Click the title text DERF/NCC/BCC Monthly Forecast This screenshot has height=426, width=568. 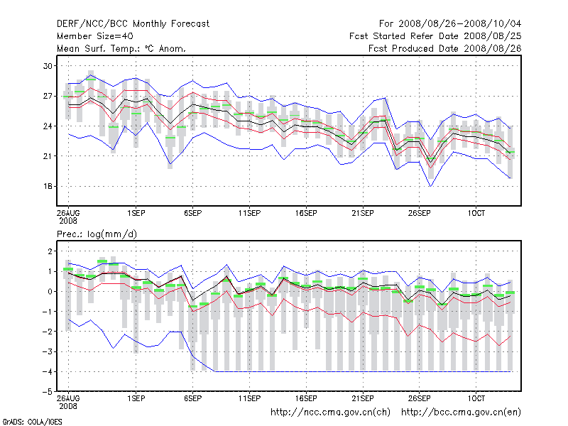[x=133, y=23]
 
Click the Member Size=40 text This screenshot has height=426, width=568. [x=94, y=35]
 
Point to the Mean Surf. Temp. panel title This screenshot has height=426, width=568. [x=121, y=48]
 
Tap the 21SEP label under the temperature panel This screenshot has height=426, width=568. [x=363, y=213]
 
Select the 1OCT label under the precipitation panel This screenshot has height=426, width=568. [x=476, y=399]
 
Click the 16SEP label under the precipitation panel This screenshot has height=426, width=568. [x=306, y=399]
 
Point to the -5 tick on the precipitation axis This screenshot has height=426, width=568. [x=47, y=391]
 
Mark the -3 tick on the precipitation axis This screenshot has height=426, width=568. [x=47, y=351]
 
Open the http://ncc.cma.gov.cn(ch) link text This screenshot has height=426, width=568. [x=331, y=412]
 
